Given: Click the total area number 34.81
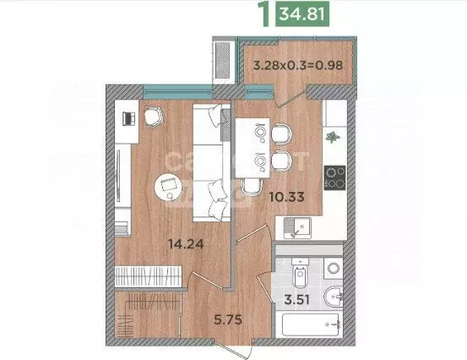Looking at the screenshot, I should point(305,14).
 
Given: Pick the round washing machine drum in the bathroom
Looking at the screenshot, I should point(333,268).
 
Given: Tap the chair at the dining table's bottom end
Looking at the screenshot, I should point(249,188).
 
